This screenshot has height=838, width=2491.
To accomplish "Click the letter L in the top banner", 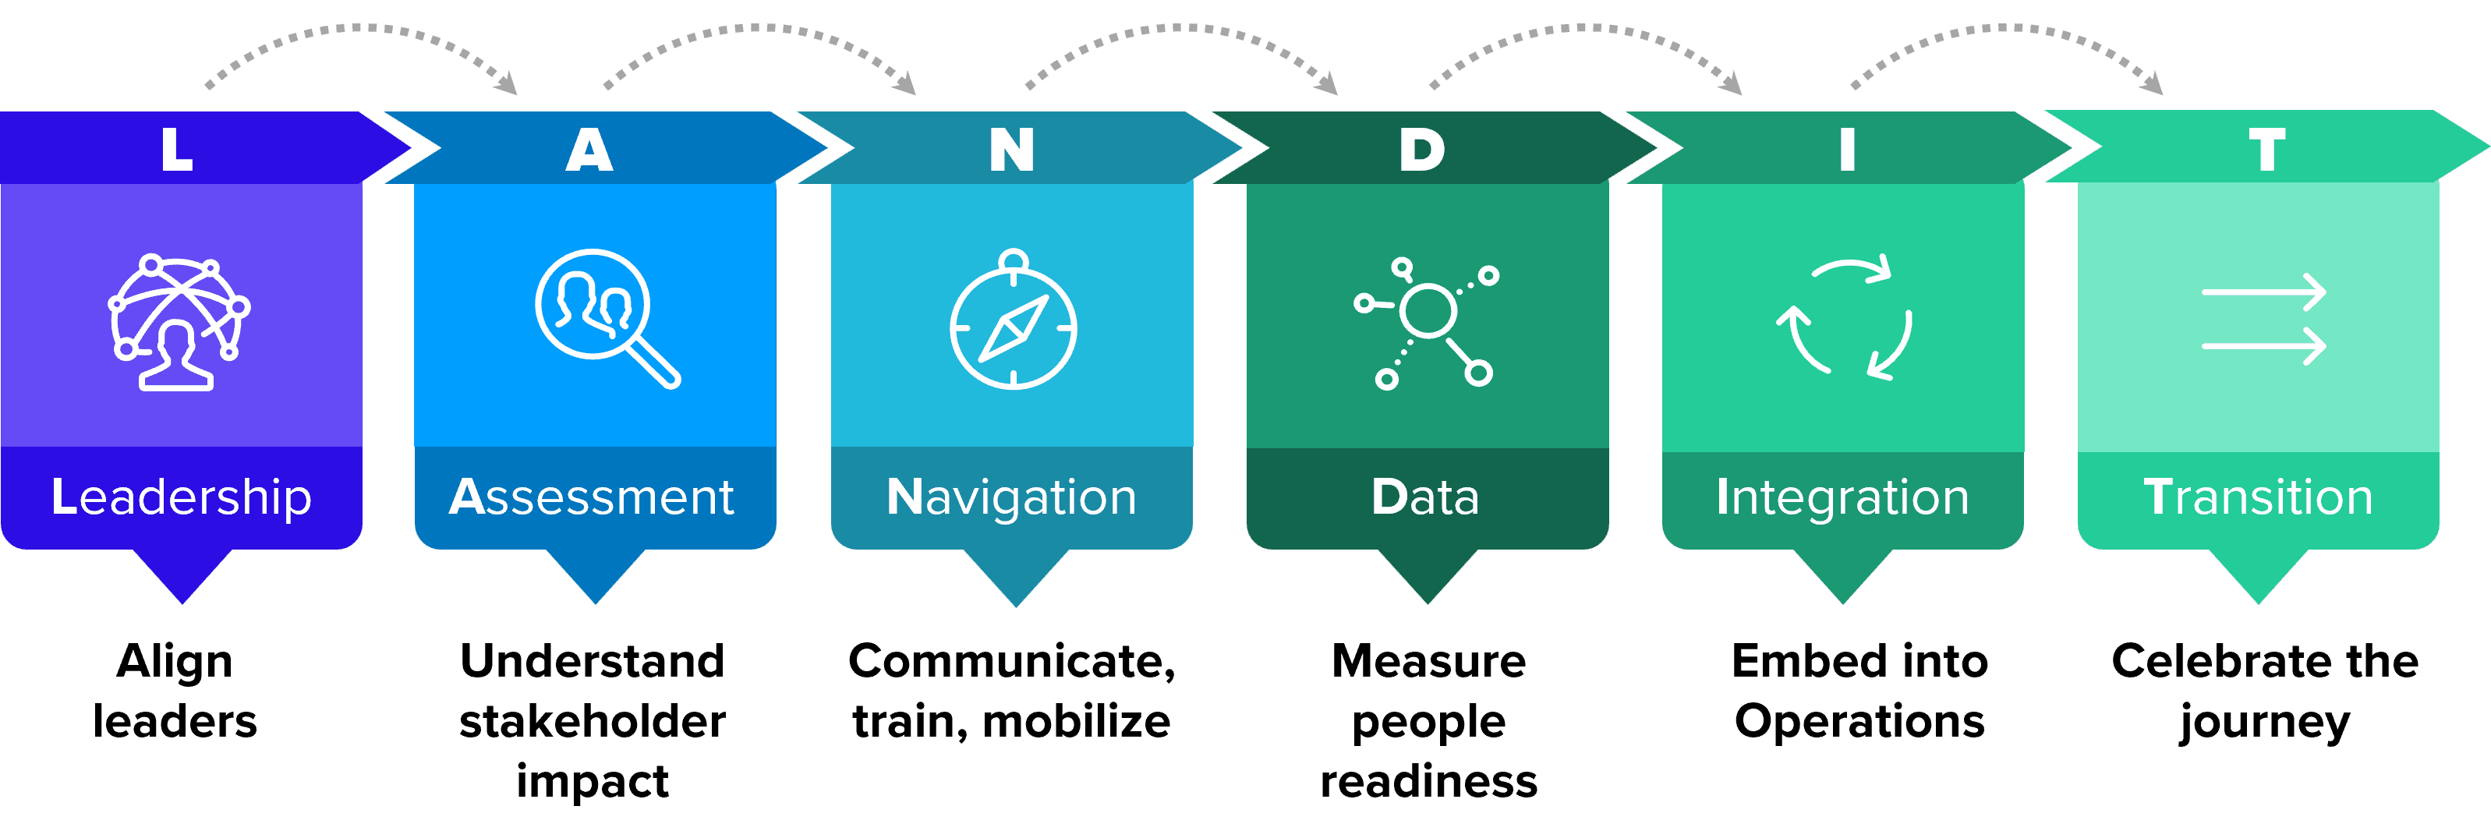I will [x=177, y=150].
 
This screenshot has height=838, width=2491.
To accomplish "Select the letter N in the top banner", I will [x=1011, y=150].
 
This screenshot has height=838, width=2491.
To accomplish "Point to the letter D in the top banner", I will [x=1421, y=150].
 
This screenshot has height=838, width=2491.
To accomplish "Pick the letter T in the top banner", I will [x=2266, y=150].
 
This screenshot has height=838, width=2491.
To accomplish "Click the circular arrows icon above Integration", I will [x=1844, y=319].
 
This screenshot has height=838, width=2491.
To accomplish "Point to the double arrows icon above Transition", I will [x=2263, y=319].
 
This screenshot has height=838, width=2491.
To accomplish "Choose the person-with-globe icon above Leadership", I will [x=178, y=322].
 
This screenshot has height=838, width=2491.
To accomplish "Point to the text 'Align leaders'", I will [x=175, y=691].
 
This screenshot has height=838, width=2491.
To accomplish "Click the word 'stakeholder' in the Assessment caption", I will [x=592, y=721].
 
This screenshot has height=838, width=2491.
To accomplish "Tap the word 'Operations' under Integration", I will [x=1859, y=721].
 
